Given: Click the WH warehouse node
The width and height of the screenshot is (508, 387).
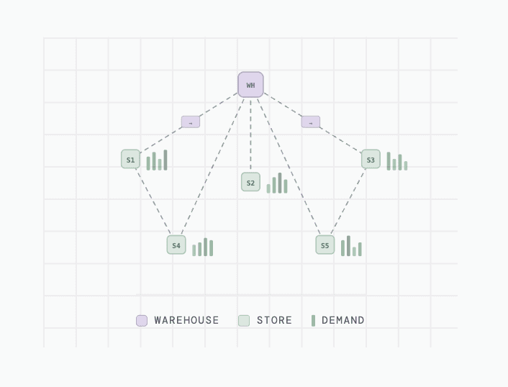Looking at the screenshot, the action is [250, 85].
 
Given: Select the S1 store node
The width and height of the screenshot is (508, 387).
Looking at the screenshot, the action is [130, 159].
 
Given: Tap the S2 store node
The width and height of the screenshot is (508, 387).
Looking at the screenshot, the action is [250, 182].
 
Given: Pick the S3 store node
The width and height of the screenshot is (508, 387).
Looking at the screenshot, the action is [371, 159].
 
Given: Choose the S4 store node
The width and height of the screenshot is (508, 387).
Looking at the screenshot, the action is [176, 245].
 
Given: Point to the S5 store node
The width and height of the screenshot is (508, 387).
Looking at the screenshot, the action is [325, 245].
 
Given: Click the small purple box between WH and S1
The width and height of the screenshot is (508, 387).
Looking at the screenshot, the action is [191, 122].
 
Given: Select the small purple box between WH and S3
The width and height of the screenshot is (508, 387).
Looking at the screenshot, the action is [311, 122].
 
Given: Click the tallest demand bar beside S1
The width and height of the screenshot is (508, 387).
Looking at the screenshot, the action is [165, 160].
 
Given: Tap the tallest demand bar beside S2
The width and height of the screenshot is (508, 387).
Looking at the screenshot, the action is [280, 183].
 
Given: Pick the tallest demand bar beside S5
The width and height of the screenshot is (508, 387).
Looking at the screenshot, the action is [348, 246].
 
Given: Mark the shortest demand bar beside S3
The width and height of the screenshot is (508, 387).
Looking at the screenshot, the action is [406, 165].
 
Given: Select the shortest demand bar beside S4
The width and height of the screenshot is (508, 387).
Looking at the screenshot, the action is [194, 250].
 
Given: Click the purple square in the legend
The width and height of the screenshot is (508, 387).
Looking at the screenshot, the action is [142, 321].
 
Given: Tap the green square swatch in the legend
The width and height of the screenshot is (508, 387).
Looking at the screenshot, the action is [244, 321].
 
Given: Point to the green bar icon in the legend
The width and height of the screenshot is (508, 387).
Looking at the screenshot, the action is [313, 321].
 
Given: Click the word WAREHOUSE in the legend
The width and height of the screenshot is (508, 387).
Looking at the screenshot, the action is [186, 321].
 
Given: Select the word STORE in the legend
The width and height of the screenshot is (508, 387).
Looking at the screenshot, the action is [274, 321].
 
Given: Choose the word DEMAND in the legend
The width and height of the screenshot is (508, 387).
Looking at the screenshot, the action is [343, 321].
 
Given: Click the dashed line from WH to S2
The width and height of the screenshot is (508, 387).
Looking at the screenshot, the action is [250, 135].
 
